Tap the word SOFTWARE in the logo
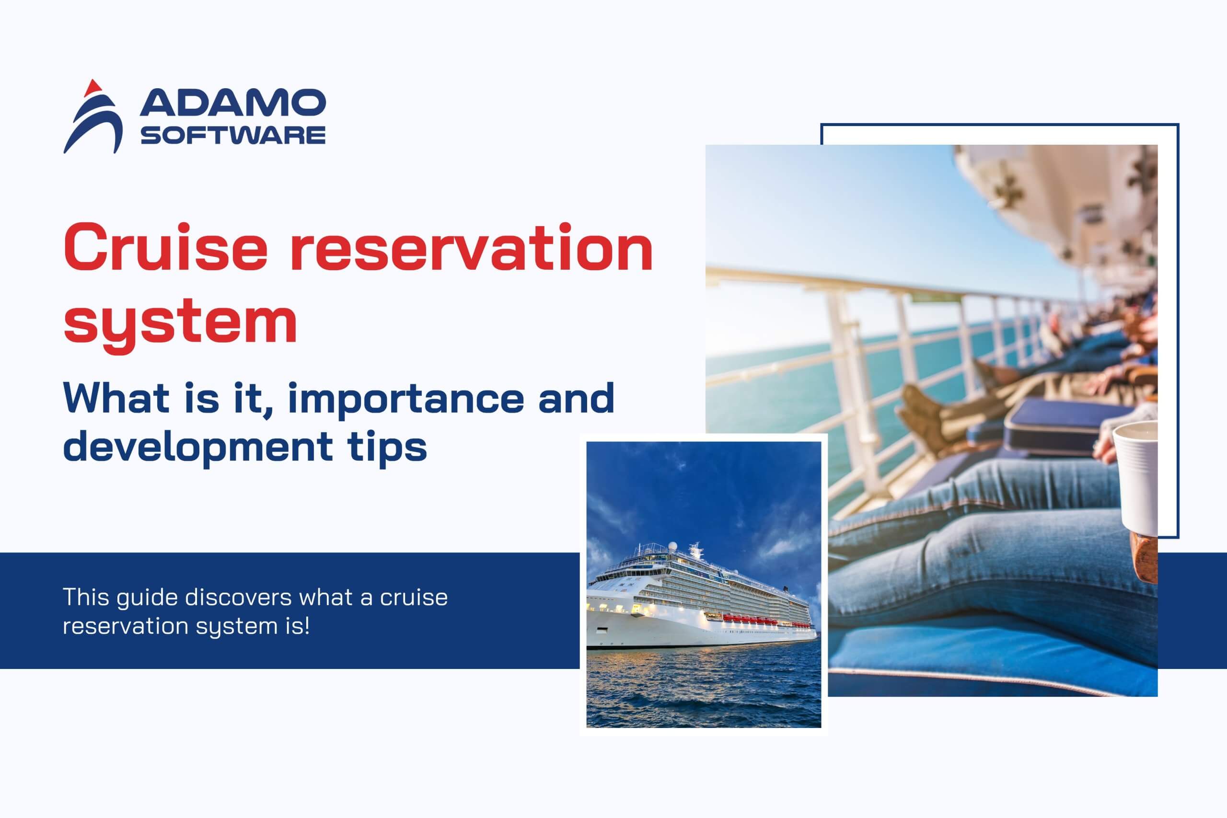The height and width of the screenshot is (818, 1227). point(232,135)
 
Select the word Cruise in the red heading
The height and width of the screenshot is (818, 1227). point(165,247)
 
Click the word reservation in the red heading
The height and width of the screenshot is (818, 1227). point(471,247)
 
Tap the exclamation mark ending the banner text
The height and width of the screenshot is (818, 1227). point(307,625)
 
